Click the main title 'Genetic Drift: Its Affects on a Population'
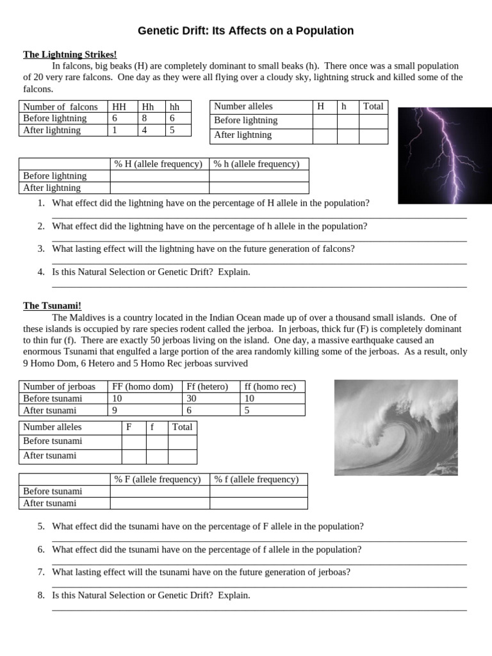[x=246, y=31]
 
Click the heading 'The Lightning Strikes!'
[x=70, y=54]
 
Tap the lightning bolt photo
[x=444, y=156]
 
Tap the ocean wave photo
[x=396, y=427]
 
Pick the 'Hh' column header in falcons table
[x=148, y=107]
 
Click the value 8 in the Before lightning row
[x=145, y=119]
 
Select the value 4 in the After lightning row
[x=145, y=130]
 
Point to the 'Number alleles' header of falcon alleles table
[x=243, y=107]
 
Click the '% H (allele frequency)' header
[x=158, y=164]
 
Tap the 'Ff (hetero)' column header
[x=207, y=386]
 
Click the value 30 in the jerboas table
[x=192, y=398]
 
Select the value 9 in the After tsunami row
[x=115, y=411]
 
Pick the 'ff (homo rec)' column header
[x=270, y=386]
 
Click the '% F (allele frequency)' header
[x=158, y=479]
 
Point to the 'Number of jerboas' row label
[x=59, y=386]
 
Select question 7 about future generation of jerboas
[x=201, y=572]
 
